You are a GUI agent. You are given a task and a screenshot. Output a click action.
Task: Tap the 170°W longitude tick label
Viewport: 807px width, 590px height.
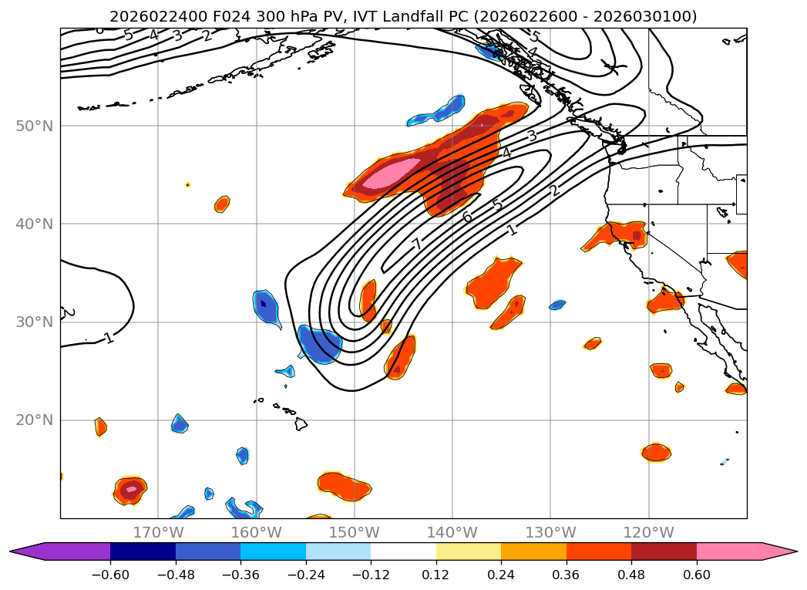point(158,532)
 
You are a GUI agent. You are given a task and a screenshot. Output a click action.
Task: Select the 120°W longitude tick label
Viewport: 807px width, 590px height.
point(648,532)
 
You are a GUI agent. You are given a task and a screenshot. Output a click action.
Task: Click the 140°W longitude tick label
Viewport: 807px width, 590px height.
point(452,532)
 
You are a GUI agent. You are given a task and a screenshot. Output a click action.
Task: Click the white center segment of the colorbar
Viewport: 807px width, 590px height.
point(403,551)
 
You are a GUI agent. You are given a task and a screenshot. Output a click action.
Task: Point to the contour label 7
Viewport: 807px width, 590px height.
point(417,244)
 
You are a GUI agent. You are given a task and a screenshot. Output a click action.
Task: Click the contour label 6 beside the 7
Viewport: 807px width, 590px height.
point(467,217)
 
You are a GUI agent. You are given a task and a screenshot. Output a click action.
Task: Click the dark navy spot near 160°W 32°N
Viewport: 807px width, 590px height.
point(264,303)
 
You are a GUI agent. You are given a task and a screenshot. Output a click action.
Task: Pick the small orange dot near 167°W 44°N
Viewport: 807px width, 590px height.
point(187,184)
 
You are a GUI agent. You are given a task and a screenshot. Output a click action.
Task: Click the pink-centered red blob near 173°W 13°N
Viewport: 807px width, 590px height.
point(131,488)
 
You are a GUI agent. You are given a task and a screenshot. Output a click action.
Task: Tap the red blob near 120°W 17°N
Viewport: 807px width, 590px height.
point(656,452)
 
